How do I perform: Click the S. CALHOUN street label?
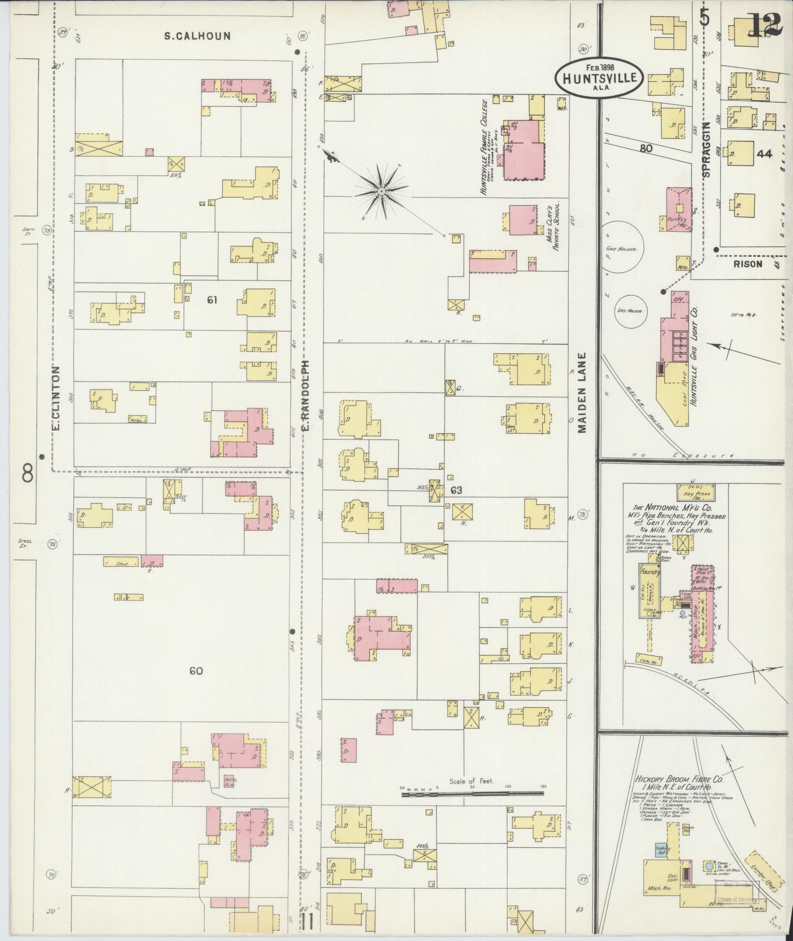(x=197, y=36)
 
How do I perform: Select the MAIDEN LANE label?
(x=583, y=393)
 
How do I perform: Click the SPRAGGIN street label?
(x=707, y=150)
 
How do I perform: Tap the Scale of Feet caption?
(x=471, y=781)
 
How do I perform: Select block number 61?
(x=212, y=300)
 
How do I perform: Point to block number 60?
(x=196, y=671)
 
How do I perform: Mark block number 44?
(x=764, y=154)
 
